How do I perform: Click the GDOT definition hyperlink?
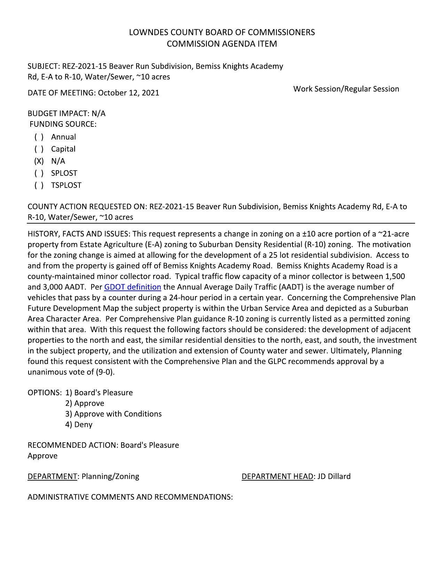pos(132,287)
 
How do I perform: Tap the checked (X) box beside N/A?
pos(39,161)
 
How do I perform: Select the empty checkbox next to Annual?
pos(39,137)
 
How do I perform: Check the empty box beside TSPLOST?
pos(39,185)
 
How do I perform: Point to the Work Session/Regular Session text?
pos(346,89)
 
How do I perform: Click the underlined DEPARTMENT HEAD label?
pos(277,476)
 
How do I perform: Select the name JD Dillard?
pos(334,476)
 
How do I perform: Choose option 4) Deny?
pos(79,425)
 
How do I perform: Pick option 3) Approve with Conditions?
pos(114,414)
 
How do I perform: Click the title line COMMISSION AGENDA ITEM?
pos(222,44)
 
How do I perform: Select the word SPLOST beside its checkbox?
pos(64,173)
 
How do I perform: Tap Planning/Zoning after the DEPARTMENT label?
pos(110,476)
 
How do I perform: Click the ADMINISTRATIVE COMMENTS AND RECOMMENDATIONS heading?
pos(130,497)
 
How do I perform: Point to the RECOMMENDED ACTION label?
pos(73,445)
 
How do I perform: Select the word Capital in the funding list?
pos(63,149)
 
